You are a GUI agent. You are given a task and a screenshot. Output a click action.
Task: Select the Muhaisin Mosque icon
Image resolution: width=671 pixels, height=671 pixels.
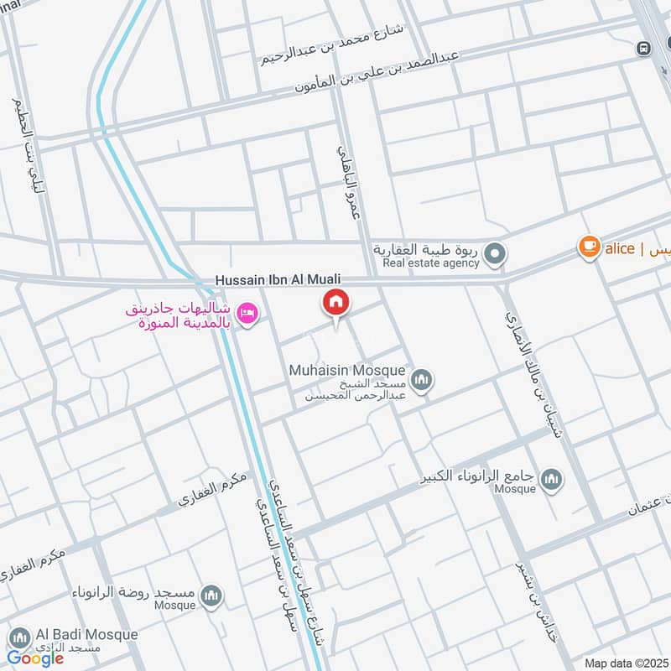coord(422,381)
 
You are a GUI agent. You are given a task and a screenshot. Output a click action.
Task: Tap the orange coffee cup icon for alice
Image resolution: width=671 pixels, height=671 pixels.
coord(590,247)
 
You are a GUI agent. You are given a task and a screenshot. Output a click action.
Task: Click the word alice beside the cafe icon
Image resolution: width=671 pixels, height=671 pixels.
coord(620,248)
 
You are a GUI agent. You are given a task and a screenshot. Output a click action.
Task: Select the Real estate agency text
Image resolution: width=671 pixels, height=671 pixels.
coord(430,263)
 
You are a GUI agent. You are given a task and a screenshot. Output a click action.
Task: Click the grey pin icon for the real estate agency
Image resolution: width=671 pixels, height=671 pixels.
coord(496,252)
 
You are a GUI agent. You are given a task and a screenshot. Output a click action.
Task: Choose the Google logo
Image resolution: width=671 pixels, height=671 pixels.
coord(35,658)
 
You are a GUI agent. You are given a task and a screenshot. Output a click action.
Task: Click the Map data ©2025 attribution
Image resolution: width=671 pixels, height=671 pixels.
coord(625,663)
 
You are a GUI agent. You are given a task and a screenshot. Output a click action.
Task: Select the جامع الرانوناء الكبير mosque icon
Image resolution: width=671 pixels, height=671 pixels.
coord(551,479)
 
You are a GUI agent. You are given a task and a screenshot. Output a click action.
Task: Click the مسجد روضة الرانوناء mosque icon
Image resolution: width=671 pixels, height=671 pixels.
coord(211,596)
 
